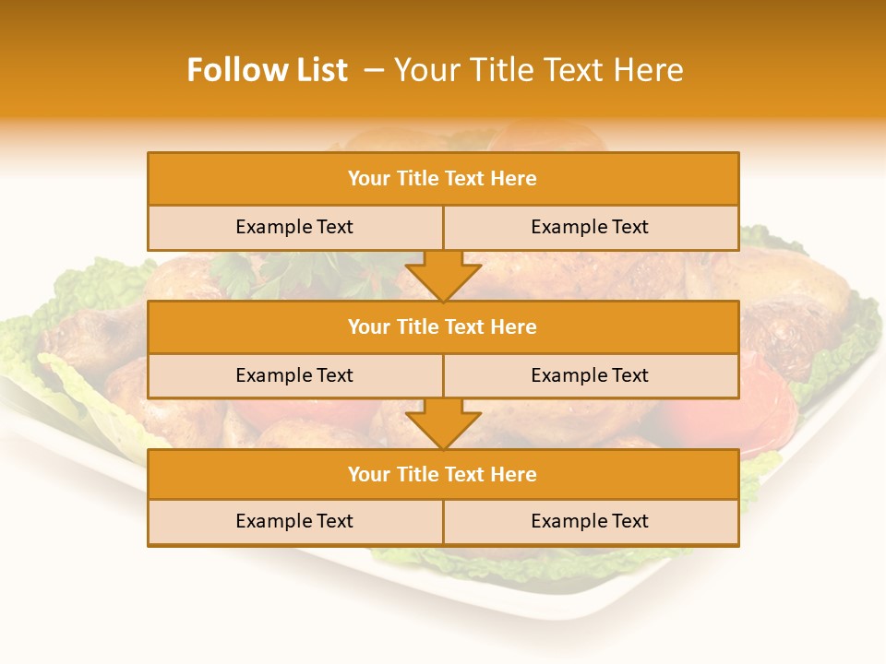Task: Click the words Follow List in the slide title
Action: [267, 70]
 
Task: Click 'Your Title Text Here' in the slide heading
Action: [539, 70]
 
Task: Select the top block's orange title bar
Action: [443, 179]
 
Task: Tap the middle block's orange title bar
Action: [443, 327]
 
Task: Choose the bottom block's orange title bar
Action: [443, 475]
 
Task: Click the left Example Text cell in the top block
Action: [294, 228]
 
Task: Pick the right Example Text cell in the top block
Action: [590, 228]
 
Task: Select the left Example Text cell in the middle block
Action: [294, 376]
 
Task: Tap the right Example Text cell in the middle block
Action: [590, 376]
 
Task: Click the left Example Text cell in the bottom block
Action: [294, 522]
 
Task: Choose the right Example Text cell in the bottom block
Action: [590, 522]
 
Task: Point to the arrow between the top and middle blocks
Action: [443, 275]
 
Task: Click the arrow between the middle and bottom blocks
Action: [443, 423]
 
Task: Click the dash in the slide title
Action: [374, 70]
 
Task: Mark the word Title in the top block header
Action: [418, 179]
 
